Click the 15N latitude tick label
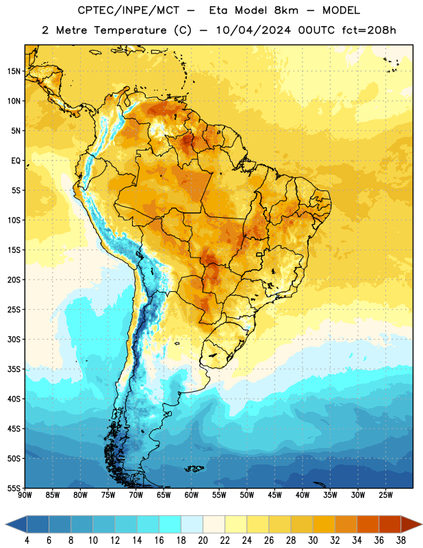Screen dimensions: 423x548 click(x=14, y=71)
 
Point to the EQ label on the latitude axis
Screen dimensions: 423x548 click(x=16, y=161)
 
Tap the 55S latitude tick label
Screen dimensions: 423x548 click(x=14, y=488)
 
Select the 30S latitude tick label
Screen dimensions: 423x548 click(x=14, y=339)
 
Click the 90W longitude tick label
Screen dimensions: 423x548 click(x=25, y=495)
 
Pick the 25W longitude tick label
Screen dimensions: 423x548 click(x=385, y=495)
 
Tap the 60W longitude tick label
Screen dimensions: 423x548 click(x=192, y=495)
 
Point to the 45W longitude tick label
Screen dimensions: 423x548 click(x=274, y=495)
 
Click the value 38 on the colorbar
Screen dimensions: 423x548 click(x=400, y=540)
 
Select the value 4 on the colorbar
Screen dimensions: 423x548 click(x=27, y=540)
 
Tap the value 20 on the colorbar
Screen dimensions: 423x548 click(x=203, y=540)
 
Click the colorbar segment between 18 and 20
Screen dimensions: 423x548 click(x=192, y=524)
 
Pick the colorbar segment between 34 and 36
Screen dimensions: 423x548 click(x=368, y=524)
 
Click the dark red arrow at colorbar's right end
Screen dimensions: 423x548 click(x=411, y=524)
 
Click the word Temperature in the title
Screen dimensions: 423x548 click(x=130, y=30)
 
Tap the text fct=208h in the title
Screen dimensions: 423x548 click(x=369, y=30)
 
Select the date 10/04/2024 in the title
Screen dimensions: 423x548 click(x=253, y=30)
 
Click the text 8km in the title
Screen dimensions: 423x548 click(x=286, y=10)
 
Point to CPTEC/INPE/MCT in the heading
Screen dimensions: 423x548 click(x=128, y=10)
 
